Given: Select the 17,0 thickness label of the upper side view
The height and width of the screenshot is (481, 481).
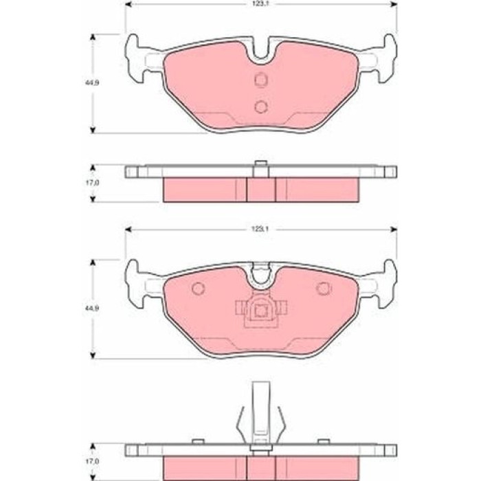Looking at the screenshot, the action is pyautogui.click(x=91, y=183).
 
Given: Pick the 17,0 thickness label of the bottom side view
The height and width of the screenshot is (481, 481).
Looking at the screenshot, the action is pyautogui.click(x=91, y=461).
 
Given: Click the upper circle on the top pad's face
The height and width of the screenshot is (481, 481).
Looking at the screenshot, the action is pyautogui.click(x=261, y=80).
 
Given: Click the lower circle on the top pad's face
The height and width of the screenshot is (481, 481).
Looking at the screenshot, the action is pyautogui.click(x=261, y=106).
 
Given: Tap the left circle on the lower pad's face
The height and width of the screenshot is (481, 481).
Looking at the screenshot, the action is pyautogui.click(x=198, y=289).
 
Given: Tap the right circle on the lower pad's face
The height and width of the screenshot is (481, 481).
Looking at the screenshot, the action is pyautogui.click(x=324, y=289).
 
